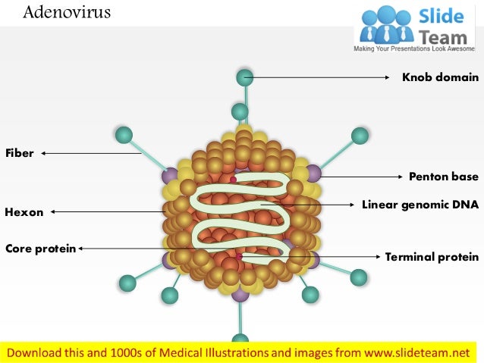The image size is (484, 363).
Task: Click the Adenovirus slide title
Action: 67,13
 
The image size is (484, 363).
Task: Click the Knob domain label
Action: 440,77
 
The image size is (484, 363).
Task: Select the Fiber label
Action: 20,153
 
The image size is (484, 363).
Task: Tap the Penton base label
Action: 444,177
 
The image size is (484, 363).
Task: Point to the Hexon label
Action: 24,212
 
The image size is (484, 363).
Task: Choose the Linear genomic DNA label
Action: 420,205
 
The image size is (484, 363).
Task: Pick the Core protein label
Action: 40,248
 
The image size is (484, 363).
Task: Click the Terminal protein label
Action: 432,257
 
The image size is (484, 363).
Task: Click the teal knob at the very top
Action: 245,77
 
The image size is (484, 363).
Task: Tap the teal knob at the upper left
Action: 124,135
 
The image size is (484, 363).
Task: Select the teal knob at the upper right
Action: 360,136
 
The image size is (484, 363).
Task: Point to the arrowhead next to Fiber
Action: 44,153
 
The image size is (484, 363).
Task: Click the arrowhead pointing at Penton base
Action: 400,177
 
